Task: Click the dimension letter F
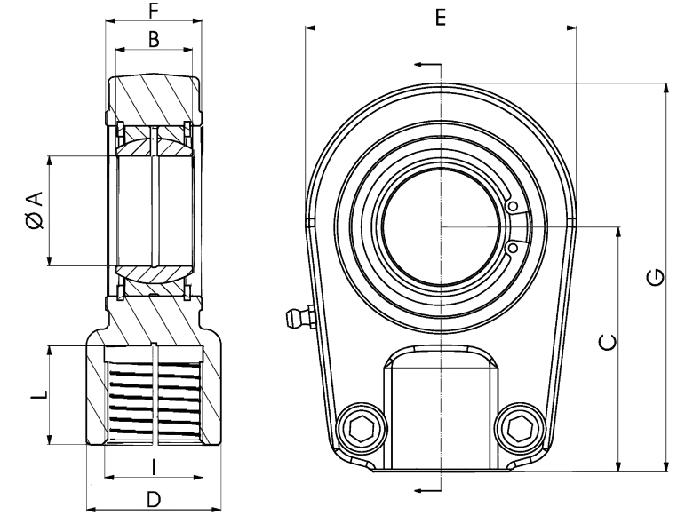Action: click(154, 11)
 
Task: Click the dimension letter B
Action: click(154, 39)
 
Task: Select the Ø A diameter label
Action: click(35, 210)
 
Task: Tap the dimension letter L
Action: click(39, 395)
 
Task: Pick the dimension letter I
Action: click(154, 467)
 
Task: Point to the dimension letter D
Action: click(154, 501)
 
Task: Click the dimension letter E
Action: click(440, 18)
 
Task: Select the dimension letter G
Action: click(656, 277)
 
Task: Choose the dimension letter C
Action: click(608, 343)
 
